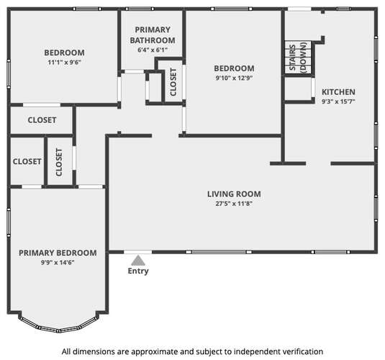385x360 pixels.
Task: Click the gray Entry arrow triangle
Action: [x=138, y=261]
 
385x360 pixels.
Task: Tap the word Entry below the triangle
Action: [x=138, y=271]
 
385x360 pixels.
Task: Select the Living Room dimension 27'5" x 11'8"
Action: [x=234, y=204]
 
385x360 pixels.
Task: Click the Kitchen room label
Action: [x=338, y=92]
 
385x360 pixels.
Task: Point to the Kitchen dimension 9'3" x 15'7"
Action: [x=338, y=102]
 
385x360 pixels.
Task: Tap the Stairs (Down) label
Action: [x=298, y=58]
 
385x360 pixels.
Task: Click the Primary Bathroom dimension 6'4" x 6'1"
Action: [x=153, y=50]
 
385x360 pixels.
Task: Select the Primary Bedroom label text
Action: [x=58, y=253]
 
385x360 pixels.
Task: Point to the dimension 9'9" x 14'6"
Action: [x=58, y=263]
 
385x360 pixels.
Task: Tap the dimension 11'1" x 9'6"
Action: [x=64, y=62]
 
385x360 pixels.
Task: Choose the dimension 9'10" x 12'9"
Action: [x=234, y=78]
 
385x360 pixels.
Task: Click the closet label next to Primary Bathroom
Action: [x=173, y=82]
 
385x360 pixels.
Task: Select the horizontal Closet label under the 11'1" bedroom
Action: [x=42, y=120]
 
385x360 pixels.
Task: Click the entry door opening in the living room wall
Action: [x=137, y=252]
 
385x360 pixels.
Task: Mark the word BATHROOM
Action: [x=153, y=40]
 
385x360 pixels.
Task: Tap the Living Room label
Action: [x=234, y=194]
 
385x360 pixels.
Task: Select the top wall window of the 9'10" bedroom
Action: [x=231, y=9]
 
